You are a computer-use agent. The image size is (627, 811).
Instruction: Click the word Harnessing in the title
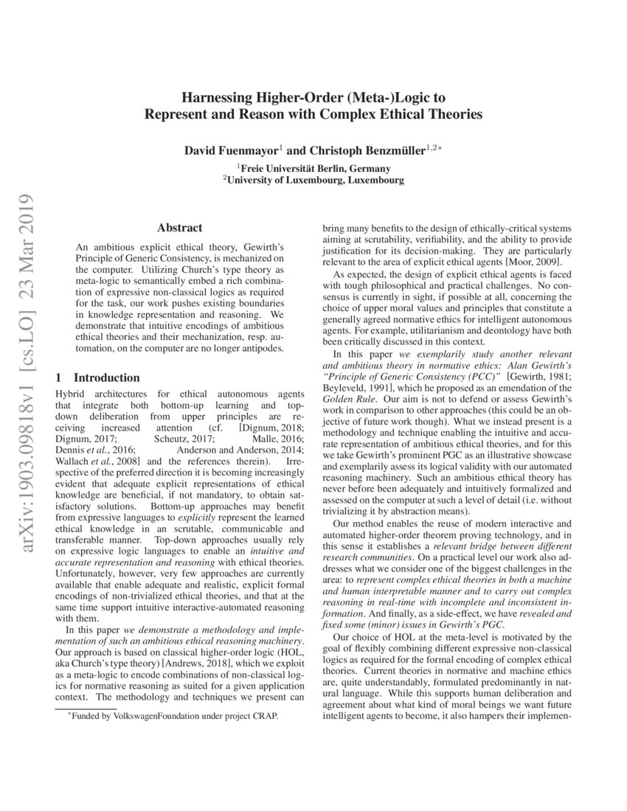215,97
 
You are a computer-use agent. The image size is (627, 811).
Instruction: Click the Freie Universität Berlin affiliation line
314,168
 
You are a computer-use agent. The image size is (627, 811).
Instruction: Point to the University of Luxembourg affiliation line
314,180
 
